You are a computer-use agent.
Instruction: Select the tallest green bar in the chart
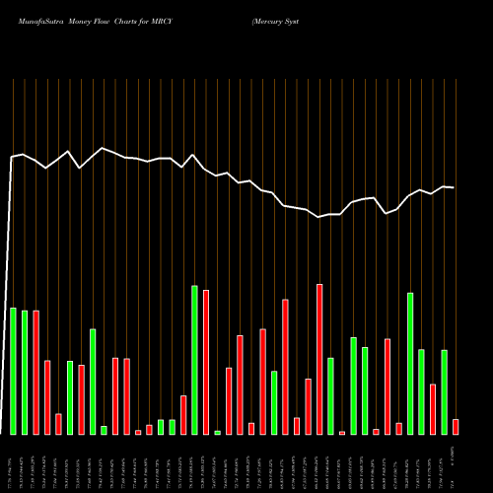coord(194,360)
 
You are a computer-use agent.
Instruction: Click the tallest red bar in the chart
coord(319,359)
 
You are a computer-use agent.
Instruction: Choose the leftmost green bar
coord(13,371)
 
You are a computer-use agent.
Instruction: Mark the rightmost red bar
coord(456,426)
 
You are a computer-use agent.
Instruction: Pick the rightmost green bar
coord(445,391)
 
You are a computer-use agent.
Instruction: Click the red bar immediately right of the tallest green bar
coord(206,362)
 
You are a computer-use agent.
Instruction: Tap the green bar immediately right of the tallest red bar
coord(331,395)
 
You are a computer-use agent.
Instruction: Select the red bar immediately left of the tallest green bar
coord(183,414)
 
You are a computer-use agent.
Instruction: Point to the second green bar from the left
coord(25,373)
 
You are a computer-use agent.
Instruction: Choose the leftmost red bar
coord(35,372)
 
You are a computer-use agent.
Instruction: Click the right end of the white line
coord(454,187)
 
